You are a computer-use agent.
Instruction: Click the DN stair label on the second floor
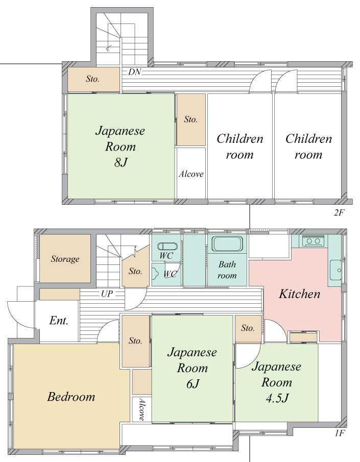(x=134, y=72)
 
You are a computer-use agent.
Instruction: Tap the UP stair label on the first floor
(x=106, y=295)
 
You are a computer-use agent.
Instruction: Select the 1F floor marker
(x=340, y=434)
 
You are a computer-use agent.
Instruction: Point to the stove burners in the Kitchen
(x=313, y=241)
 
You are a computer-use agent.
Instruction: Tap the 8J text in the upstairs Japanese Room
(x=120, y=163)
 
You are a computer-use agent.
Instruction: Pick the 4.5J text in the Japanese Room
(x=276, y=398)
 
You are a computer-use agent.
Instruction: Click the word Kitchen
(x=299, y=294)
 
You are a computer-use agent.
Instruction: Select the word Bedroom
(x=71, y=397)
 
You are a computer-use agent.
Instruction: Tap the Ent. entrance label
(x=59, y=321)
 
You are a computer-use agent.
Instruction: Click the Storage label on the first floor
(x=65, y=259)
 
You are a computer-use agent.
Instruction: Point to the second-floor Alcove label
(x=191, y=174)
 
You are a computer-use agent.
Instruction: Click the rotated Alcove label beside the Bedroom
(x=141, y=409)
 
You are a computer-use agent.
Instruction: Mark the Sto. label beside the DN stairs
(x=92, y=79)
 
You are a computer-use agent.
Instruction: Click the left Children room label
(x=239, y=147)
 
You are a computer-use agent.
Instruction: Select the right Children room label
(x=308, y=147)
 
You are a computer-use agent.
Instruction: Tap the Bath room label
(x=227, y=270)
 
